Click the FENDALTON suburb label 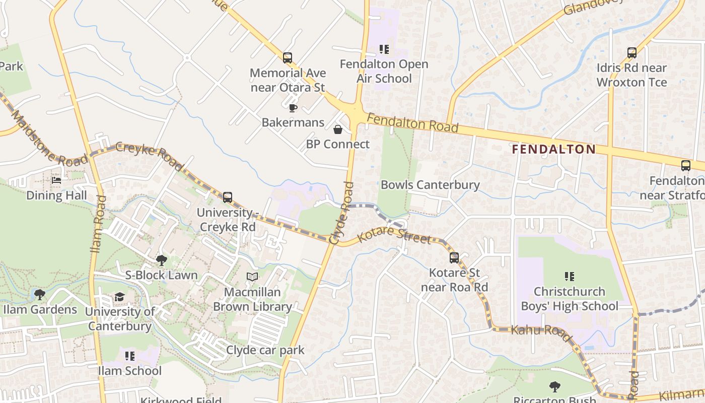point(553,149)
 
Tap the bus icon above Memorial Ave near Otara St point(288,58)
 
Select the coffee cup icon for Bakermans point(293,108)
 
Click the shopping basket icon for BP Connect point(338,130)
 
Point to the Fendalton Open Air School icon point(384,49)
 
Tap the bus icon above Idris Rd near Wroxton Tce point(631,52)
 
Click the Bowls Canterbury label point(430,184)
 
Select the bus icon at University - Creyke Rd point(228,197)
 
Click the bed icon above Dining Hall point(56,180)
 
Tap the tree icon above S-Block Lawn point(162,260)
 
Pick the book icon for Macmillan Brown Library point(252,277)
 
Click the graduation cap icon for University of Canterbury point(119,297)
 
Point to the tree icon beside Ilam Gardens point(39,294)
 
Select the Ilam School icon point(129,356)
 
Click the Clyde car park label point(265,350)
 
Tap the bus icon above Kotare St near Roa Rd point(454,258)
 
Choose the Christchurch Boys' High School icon point(570,277)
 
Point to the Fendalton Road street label point(412,123)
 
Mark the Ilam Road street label point(98,224)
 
